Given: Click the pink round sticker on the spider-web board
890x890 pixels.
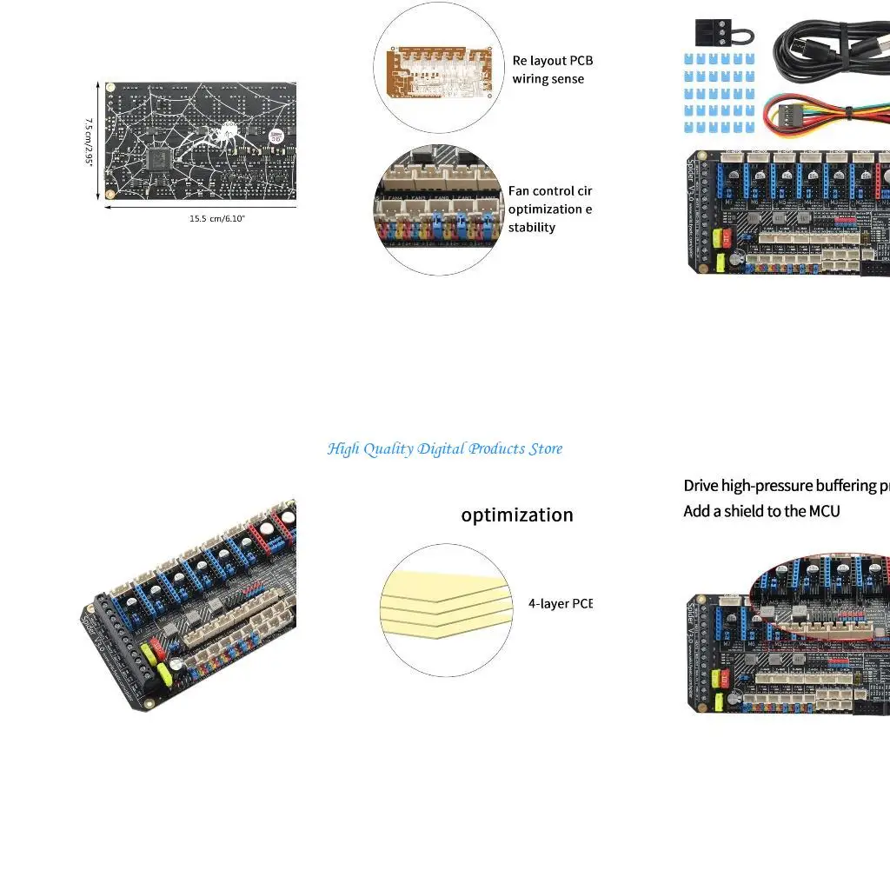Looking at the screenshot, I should coord(276,136).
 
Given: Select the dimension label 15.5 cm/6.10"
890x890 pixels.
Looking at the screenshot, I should coord(217,218).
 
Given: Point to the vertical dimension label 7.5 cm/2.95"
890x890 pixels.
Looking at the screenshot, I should coord(90,143).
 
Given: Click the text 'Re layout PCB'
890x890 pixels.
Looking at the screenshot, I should coord(552,61).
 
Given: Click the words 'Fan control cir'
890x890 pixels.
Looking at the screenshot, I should coord(550,190).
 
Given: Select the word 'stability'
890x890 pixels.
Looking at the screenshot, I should coord(532,227).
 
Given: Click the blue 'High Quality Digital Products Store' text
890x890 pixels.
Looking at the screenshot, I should coord(444,448).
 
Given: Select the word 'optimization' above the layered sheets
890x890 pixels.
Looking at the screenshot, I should coord(517,515).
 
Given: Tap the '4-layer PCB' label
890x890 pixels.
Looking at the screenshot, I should coord(560,603).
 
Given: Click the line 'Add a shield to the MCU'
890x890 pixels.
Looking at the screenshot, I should coord(761,511).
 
